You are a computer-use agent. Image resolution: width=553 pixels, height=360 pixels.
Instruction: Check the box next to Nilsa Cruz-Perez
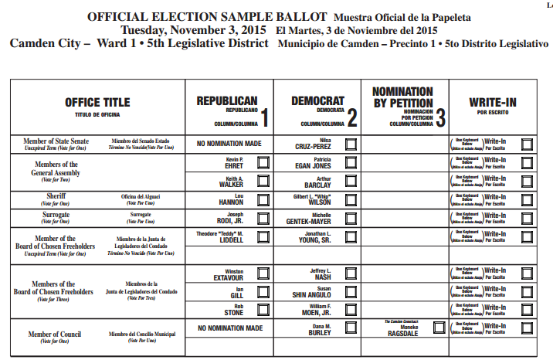click(351, 144)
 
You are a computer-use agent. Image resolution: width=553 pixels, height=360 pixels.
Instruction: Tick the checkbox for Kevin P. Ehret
click(263, 162)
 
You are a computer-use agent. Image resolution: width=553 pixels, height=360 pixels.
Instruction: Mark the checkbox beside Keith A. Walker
click(263, 181)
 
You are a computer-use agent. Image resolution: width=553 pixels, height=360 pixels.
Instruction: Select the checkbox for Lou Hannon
click(263, 199)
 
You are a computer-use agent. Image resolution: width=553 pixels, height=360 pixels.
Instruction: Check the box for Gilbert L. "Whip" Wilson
click(351, 199)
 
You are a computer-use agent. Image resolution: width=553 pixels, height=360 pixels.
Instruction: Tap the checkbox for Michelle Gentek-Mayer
click(351, 217)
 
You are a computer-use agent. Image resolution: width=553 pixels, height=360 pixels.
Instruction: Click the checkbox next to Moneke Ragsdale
click(439, 328)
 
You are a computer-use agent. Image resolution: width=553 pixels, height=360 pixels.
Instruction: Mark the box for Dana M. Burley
click(351, 328)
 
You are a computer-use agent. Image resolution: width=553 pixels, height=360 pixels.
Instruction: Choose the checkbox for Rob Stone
click(263, 309)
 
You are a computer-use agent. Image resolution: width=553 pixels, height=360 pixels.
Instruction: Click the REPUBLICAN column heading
click(226, 101)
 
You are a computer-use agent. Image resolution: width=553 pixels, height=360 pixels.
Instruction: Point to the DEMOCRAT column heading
click(317, 101)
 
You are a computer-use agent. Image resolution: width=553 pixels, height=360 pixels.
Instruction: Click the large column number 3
click(440, 118)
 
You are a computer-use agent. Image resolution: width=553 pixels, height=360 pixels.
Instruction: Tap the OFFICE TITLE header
click(97, 102)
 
